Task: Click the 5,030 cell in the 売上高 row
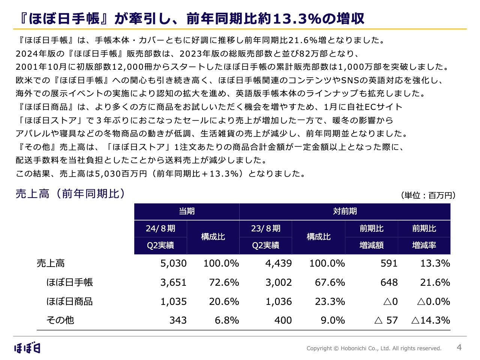(x=173, y=263)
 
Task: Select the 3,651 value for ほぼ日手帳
(x=173, y=282)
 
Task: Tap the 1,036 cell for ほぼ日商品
(x=279, y=301)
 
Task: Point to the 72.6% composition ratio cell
(x=224, y=282)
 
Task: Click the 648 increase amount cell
(x=389, y=282)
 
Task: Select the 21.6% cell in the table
(x=435, y=282)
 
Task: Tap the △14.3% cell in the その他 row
(x=430, y=320)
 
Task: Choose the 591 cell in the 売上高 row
(x=389, y=263)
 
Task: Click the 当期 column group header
(x=187, y=211)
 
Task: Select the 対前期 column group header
(x=345, y=211)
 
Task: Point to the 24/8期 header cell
(x=160, y=228)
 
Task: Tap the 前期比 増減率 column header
(x=424, y=237)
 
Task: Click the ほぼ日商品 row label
(x=69, y=301)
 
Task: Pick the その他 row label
(x=60, y=320)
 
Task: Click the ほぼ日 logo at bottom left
(x=27, y=348)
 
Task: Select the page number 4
(x=459, y=347)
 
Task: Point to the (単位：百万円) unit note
(x=428, y=195)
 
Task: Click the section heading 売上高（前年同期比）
(x=70, y=193)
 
